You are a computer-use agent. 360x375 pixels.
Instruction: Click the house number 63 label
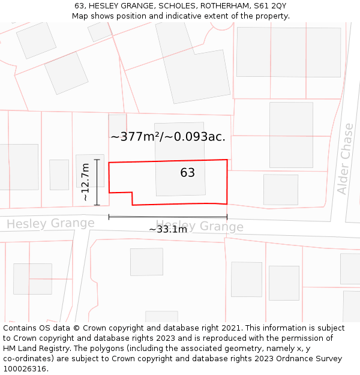187,173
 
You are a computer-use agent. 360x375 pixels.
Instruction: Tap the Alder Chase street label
345,159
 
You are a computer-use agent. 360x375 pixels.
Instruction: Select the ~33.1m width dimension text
168,229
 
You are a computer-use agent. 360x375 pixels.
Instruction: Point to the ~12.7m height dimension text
85,182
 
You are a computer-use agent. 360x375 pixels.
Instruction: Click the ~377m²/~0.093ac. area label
168,137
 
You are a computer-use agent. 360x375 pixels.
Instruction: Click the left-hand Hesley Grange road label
50,224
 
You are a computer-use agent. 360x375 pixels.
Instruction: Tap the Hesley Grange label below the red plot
199,226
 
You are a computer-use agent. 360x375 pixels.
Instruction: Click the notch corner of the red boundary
132,193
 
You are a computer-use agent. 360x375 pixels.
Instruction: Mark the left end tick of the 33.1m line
109,217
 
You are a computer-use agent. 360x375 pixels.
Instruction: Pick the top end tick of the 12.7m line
97,159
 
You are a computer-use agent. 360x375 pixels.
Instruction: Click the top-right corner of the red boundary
227,160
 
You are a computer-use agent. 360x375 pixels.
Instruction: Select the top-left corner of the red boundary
109,163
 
